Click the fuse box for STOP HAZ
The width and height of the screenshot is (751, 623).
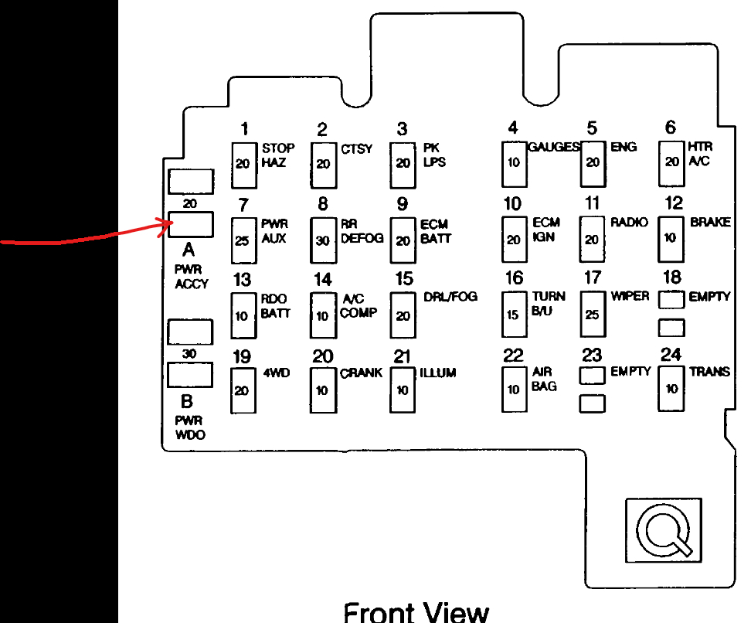pos(244,164)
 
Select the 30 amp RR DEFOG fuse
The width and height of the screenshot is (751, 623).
pos(323,240)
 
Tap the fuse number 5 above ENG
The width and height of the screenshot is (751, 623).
pos(592,128)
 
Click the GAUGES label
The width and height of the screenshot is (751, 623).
pos(555,147)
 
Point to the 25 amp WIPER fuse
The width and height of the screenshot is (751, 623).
pos(592,314)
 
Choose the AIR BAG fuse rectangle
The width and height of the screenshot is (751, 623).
pos(514,389)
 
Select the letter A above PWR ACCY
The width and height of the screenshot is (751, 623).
pos(189,250)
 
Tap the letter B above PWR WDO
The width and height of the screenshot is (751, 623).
pos(187,402)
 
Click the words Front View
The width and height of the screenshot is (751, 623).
pos(416,611)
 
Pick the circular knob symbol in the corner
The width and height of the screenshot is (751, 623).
pos(662,532)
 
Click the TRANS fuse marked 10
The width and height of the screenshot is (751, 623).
pos(671,388)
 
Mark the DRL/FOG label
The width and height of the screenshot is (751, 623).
pos(450,297)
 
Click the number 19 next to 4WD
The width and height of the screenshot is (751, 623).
pos(243,356)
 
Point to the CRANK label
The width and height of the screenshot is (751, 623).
pos(362,373)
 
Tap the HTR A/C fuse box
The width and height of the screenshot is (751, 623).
pos(671,162)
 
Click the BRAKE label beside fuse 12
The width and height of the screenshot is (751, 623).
pos(710,222)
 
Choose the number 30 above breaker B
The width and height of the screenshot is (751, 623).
pos(190,353)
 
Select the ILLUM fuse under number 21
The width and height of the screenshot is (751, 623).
pos(402,389)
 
